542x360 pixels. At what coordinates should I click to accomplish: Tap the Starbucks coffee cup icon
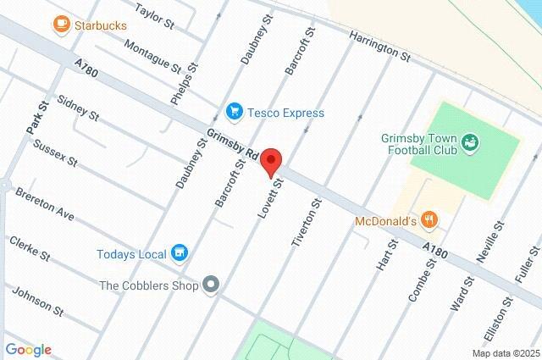61,26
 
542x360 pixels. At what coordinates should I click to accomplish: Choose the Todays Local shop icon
179,252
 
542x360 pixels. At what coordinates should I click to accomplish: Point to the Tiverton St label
307,223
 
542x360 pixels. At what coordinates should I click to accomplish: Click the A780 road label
86,69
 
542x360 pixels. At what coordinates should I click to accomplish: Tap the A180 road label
434,248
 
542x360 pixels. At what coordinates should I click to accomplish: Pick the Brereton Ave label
46,205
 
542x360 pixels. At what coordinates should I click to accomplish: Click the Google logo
28,349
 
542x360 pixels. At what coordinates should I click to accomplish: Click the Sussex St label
55,152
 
